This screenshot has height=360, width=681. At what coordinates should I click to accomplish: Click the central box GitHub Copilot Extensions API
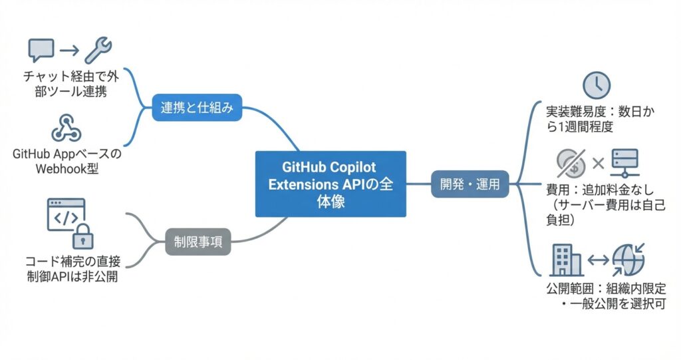coord(330,184)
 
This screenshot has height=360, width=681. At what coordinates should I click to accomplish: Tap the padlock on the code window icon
coord(82,236)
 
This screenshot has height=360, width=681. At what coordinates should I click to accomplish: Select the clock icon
coord(596,85)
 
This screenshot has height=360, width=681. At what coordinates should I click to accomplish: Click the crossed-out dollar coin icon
coord(571,162)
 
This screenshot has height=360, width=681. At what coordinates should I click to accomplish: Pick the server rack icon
coord(626,162)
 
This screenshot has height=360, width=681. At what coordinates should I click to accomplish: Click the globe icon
coord(628,260)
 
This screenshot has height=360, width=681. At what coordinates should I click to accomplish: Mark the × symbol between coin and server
coord(598,162)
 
